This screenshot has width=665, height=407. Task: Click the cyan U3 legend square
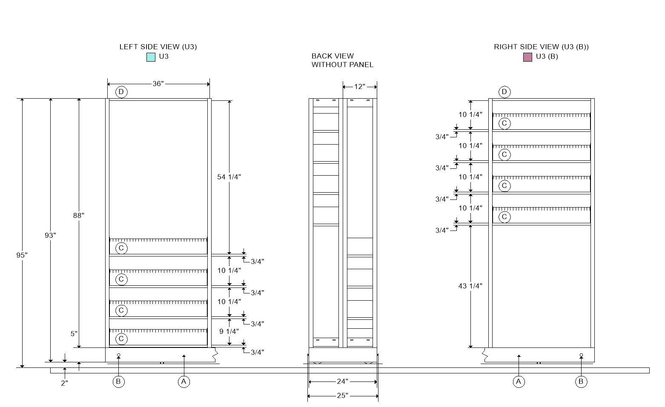point(151,57)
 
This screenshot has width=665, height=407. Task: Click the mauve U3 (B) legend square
point(527,57)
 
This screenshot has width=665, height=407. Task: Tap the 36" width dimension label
point(158,84)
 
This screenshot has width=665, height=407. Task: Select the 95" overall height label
point(22,255)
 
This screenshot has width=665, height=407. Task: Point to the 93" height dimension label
point(51,235)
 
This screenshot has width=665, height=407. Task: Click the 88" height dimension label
point(79,215)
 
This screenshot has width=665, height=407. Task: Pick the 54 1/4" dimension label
point(229,177)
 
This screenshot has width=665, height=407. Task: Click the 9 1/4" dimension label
point(229,331)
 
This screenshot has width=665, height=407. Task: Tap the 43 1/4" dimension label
point(470,286)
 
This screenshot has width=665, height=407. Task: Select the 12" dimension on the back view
point(360,87)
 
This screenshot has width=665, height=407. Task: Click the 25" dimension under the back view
point(343,396)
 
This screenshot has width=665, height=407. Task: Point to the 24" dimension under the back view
point(343,381)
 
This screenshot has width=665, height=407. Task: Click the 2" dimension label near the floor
point(64,383)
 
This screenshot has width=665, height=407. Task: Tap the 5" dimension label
point(74,334)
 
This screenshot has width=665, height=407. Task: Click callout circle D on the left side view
point(121,92)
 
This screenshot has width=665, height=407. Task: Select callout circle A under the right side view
point(519,381)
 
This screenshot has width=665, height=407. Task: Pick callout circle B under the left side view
point(118,381)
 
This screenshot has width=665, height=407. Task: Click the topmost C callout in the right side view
point(504,123)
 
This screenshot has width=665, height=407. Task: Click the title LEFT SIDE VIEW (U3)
point(158,47)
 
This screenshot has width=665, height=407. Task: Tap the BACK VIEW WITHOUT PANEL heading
point(342,60)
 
